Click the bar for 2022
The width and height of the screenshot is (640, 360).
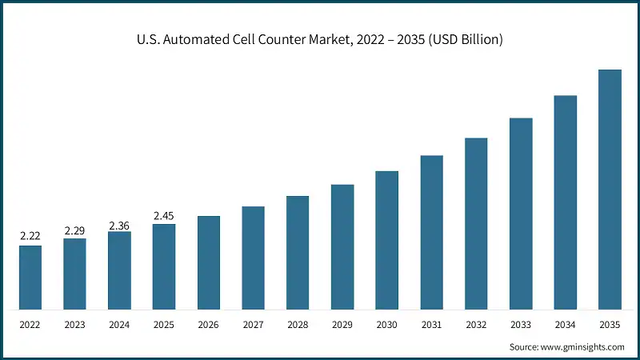(30, 277)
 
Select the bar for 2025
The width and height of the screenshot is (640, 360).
(164, 266)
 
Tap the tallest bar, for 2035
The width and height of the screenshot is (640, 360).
(610, 190)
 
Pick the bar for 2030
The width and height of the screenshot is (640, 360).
(387, 240)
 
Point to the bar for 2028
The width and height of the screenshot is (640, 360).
(298, 253)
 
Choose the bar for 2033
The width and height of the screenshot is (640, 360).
(521, 214)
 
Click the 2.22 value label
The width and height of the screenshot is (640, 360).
(30, 236)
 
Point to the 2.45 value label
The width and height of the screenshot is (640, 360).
(164, 215)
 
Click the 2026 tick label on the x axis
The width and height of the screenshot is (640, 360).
(209, 326)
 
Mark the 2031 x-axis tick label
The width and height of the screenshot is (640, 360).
(432, 326)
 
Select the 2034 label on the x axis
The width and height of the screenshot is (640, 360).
(566, 326)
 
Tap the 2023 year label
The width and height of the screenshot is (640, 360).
(74, 326)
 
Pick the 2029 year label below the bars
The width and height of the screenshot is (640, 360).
(342, 326)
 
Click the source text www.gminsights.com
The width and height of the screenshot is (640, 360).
(583, 346)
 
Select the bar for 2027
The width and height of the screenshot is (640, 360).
(253, 258)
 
